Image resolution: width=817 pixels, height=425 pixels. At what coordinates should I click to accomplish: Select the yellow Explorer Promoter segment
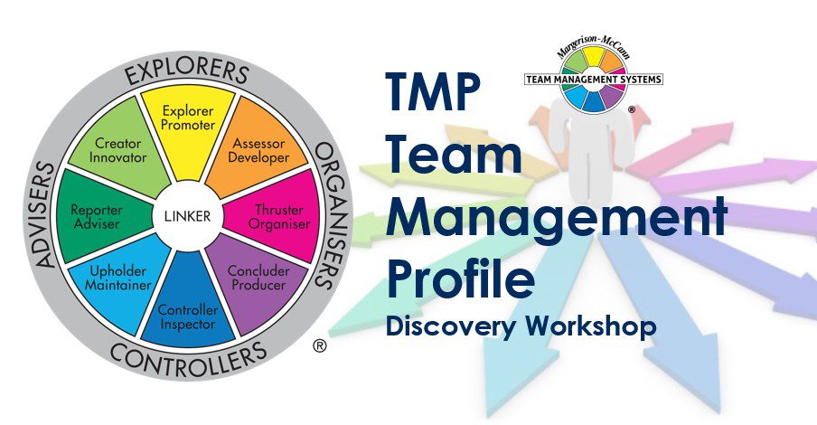click(x=187, y=123)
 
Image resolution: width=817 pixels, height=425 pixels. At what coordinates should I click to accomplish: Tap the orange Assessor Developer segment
click(x=259, y=150)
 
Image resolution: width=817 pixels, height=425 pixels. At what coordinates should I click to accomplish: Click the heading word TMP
click(x=433, y=92)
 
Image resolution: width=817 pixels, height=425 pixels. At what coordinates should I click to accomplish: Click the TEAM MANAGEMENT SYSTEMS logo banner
click(x=594, y=80)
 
